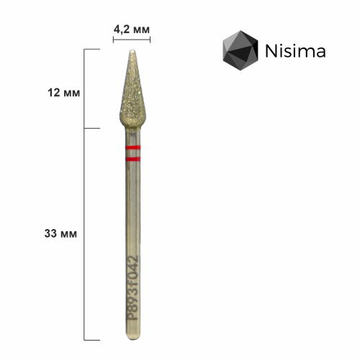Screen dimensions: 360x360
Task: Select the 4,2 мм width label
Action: click(132, 29)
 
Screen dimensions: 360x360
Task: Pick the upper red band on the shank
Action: click(132, 147)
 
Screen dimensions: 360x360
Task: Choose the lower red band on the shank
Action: click(132, 156)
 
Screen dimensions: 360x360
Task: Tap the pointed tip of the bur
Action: click(132, 51)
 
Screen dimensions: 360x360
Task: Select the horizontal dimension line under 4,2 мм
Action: click(132, 40)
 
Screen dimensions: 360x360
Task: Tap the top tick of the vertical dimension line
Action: click(92, 49)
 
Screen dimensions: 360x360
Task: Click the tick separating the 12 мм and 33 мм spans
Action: click(92, 129)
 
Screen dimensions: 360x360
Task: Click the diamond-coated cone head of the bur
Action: click(132, 97)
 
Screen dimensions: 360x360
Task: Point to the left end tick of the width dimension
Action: click(114, 40)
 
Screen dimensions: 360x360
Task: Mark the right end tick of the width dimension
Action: click(151, 40)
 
